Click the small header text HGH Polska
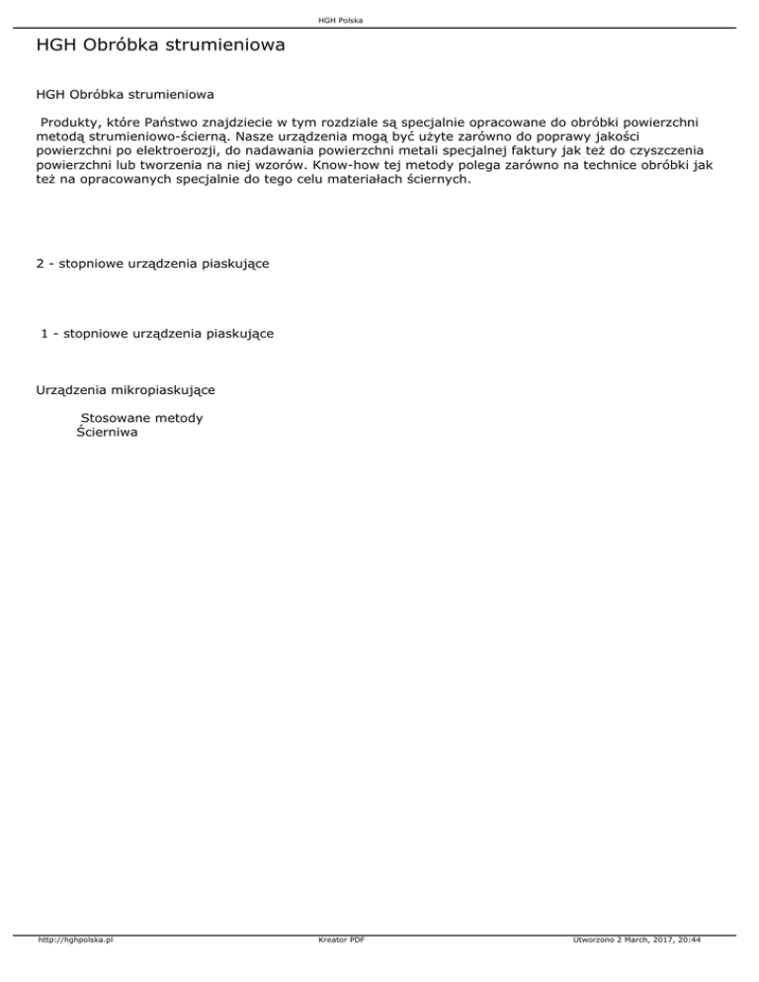coord(379,20)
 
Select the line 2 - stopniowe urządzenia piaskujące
coord(153,265)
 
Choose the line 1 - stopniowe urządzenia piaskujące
coord(157,334)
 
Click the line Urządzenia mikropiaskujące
coord(126,390)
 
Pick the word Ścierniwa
coord(107,433)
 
